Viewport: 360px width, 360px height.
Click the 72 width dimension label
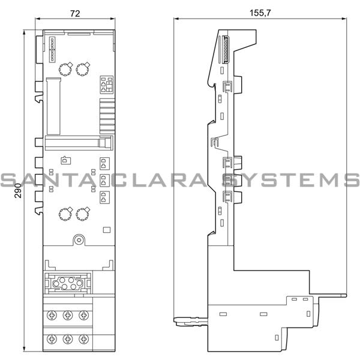pyautogui.click(x=74, y=11)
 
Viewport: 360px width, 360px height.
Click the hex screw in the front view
pyautogui.click(x=78, y=240)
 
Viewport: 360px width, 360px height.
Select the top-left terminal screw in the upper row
pyautogui.click(x=52, y=314)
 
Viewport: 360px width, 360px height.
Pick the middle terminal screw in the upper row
pyautogui.click(x=67, y=314)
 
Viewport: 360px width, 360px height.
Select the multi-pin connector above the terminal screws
pyautogui.click(x=67, y=281)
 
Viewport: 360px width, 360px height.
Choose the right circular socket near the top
pyautogui.click(x=83, y=69)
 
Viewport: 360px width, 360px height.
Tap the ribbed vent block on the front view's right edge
pyautogui.click(x=106, y=113)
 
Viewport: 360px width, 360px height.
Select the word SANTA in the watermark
pyautogui.click(x=39, y=180)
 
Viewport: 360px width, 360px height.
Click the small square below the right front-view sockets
pyautogui.click(x=107, y=229)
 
